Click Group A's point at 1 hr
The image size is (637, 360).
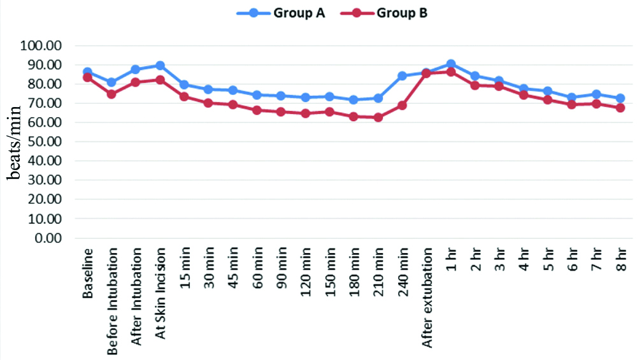(x=451, y=64)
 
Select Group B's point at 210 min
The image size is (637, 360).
(x=378, y=117)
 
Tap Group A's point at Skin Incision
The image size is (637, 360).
(x=160, y=66)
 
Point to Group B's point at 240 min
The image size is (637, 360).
(x=403, y=105)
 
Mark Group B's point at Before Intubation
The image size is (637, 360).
(x=111, y=94)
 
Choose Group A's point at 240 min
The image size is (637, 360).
(x=403, y=76)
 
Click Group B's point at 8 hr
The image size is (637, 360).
(x=620, y=108)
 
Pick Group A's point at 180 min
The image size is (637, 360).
(x=354, y=100)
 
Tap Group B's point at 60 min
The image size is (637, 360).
(x=257, y=110)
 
